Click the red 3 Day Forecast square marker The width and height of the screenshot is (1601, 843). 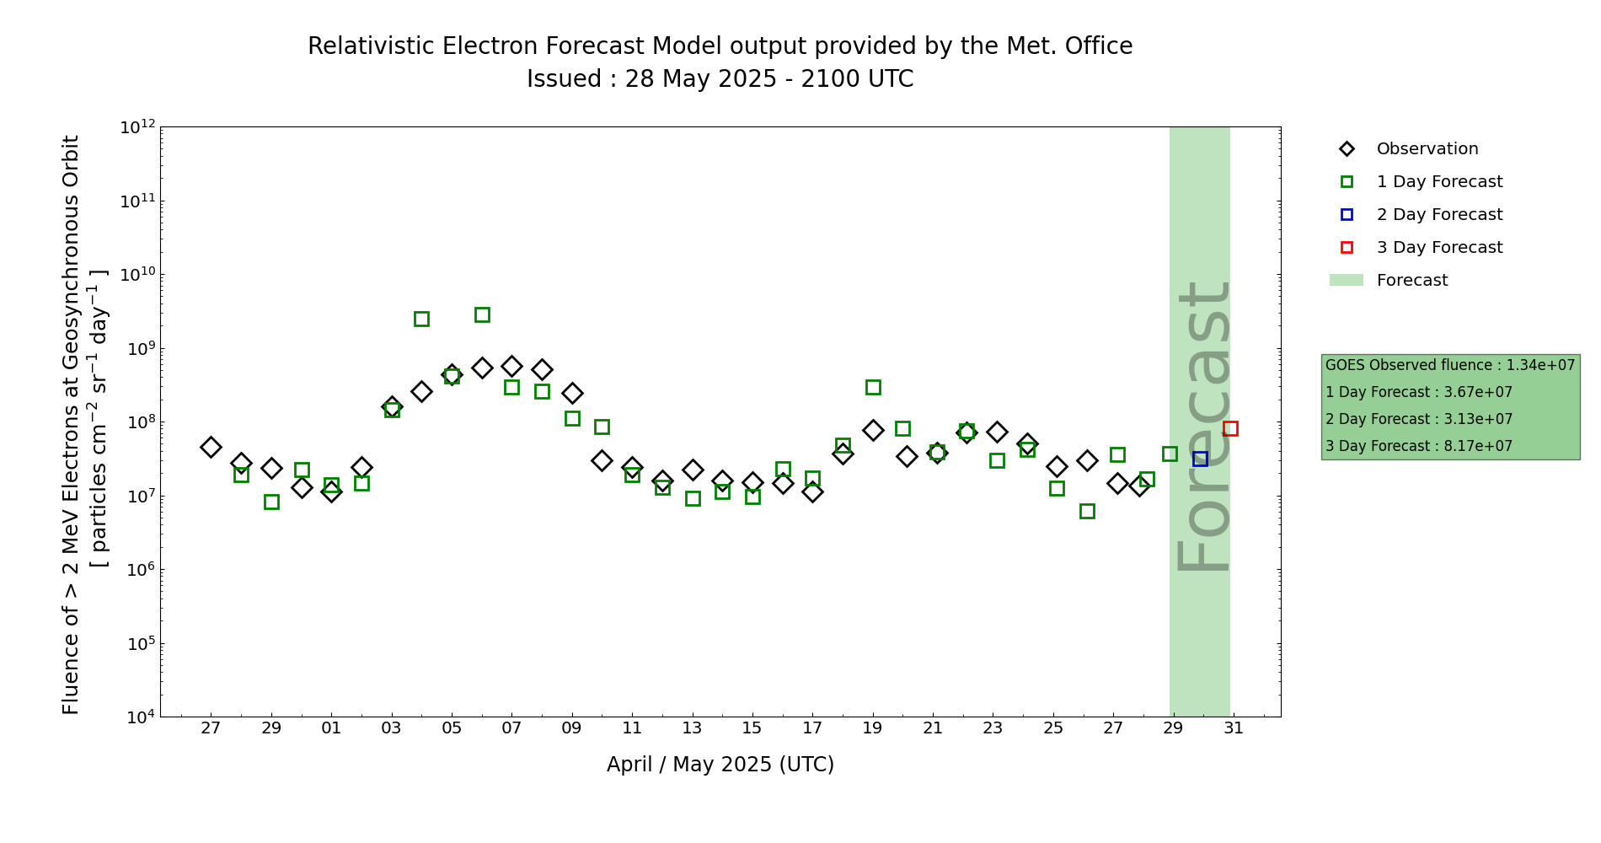pos(1230,428)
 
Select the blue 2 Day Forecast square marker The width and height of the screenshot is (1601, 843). pos(1200,459)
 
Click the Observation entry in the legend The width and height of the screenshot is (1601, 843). pos(1427,149)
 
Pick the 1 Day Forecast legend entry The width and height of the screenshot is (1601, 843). pos(1439,182)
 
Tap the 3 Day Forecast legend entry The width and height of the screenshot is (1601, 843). pos(1439,248)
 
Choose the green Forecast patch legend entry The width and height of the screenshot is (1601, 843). pos(1411,281)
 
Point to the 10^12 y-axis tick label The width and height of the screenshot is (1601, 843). pos(137,127)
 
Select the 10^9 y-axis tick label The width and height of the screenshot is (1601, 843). pos(137,348)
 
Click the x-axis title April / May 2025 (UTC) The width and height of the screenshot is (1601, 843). pos(720,765)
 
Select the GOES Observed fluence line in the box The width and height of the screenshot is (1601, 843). pos(1449,365)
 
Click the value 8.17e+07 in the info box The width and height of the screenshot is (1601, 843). pos(1478,446)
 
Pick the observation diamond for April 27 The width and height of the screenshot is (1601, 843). pos(211,447)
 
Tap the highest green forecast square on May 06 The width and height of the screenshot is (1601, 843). pos(482,314)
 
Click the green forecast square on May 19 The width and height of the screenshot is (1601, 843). pos(873,387)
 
